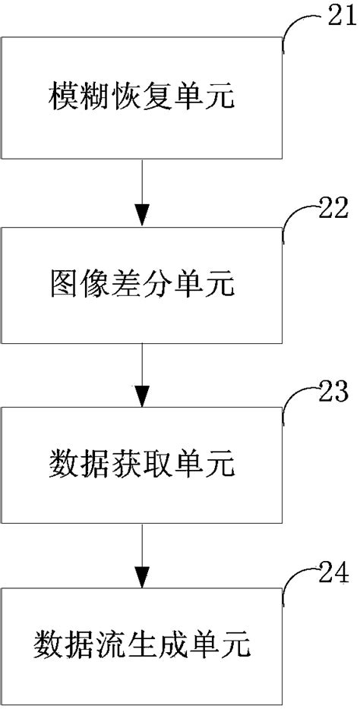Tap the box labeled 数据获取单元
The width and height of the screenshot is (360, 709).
[x=142, y=461]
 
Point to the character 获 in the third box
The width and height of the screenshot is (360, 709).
[x=125, y=462]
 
